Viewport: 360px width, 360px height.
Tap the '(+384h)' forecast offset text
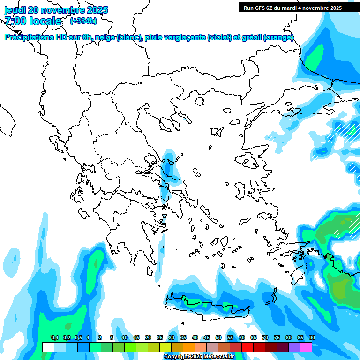click(x=83, y=21)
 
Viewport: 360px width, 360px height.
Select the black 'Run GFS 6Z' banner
click(x=292, y=7)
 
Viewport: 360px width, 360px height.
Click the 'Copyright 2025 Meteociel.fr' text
click(x=199, y=357)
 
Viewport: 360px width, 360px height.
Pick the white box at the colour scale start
click(x=48, y=347)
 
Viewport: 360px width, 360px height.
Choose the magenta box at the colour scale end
click(x=306, y=347)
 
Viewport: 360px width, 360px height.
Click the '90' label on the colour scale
click(x=312, y=337)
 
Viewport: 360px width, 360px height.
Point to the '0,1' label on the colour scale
click(x=54, y=337)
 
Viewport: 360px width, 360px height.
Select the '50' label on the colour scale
click(x=218, y=337)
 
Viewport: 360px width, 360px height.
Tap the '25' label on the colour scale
click(x=160, y=337)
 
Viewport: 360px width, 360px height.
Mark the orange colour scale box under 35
click(x=189, y=347)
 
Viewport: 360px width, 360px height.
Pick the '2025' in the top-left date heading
click(x=97, y=10)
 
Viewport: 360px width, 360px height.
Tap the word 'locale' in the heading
click(x=45, y=21)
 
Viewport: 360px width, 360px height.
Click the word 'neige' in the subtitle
click(x=104, y=37)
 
